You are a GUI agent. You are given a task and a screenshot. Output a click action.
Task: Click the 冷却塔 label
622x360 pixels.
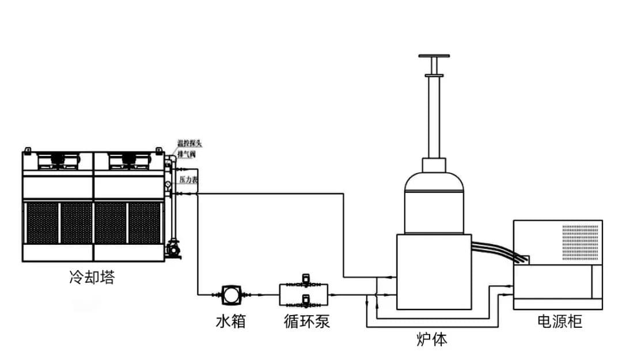coord(92,278)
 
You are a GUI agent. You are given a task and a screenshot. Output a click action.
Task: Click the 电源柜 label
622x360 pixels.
coord(559,321)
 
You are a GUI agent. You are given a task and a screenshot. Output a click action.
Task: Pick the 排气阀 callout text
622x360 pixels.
coord(187,154)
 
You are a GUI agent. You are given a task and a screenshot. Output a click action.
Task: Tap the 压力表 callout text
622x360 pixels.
coord(188,180)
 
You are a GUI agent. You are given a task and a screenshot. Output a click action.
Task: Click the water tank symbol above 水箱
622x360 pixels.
coord(232,295)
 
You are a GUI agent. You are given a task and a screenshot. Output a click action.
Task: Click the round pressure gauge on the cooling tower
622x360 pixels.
coord(168,184)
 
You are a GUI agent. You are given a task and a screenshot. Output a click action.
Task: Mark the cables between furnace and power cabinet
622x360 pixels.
coord(499,251)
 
